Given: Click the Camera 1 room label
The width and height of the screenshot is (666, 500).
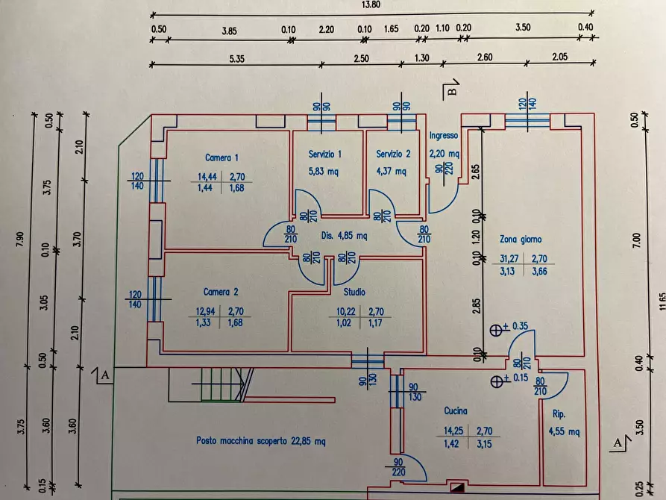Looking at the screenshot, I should point(222,157).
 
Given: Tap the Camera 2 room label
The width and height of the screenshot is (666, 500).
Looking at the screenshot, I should point(221,292).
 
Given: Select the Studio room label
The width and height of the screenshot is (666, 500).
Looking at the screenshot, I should point(354,292).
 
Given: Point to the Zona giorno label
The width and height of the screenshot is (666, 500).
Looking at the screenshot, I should point(521,240).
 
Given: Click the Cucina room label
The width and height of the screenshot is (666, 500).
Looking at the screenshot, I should point(456,411).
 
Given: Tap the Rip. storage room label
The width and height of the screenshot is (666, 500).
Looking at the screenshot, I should point(559,414).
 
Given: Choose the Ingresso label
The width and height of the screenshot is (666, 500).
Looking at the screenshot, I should point(444,136).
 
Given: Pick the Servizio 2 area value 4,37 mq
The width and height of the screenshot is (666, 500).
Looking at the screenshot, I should point(392,171).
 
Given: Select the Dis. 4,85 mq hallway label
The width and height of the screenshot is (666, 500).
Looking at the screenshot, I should point(344,235).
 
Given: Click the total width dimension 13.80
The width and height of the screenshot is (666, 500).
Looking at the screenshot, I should point(371,4).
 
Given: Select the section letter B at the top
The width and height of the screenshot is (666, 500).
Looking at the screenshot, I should point(452,93).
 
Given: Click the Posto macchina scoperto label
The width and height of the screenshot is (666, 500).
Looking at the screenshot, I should point(261,441).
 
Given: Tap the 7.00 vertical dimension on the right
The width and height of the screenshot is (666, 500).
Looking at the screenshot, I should point(635,240).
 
